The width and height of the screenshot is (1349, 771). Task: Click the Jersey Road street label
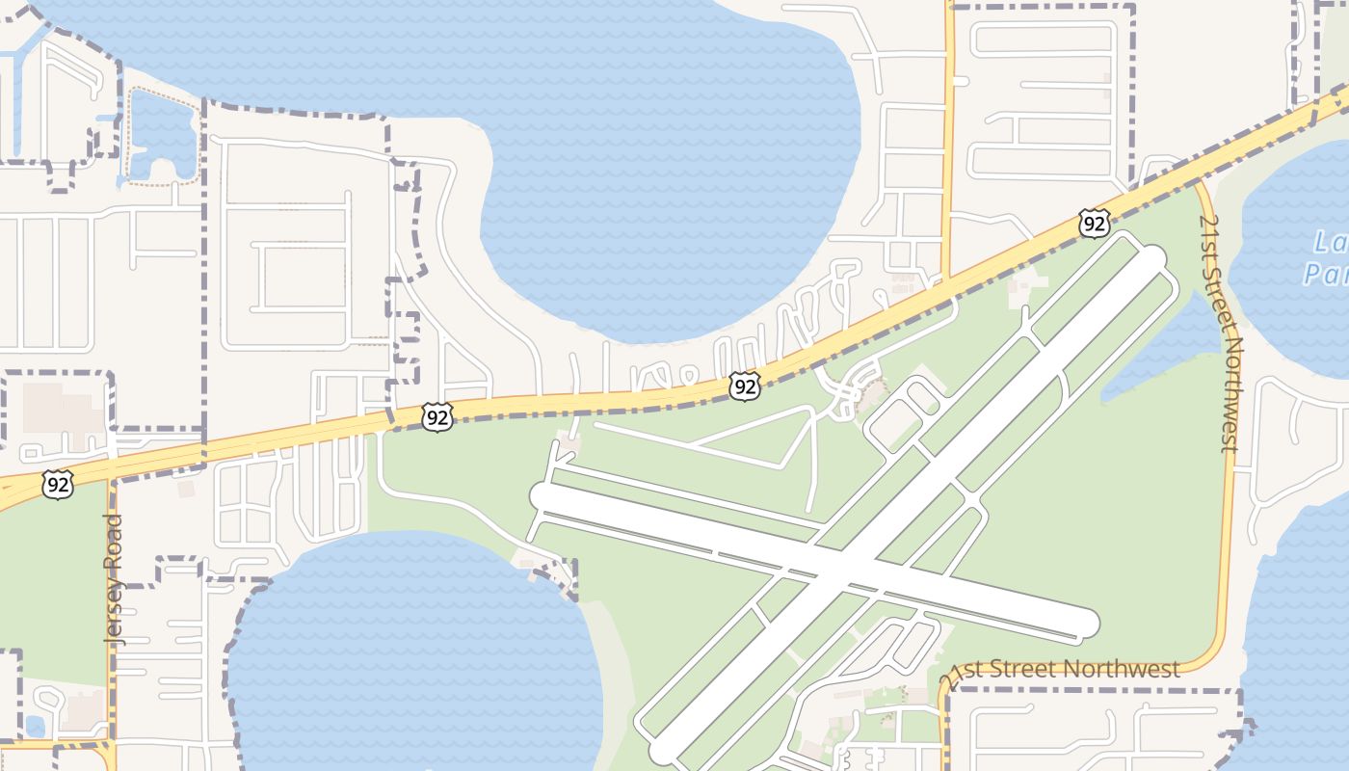114,578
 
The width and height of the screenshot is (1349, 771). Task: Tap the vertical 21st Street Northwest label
1219,332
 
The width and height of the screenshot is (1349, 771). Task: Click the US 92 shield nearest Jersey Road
58,485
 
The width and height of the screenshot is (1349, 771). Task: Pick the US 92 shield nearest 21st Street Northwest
1094,224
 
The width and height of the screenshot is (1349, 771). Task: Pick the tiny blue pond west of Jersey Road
35,725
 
